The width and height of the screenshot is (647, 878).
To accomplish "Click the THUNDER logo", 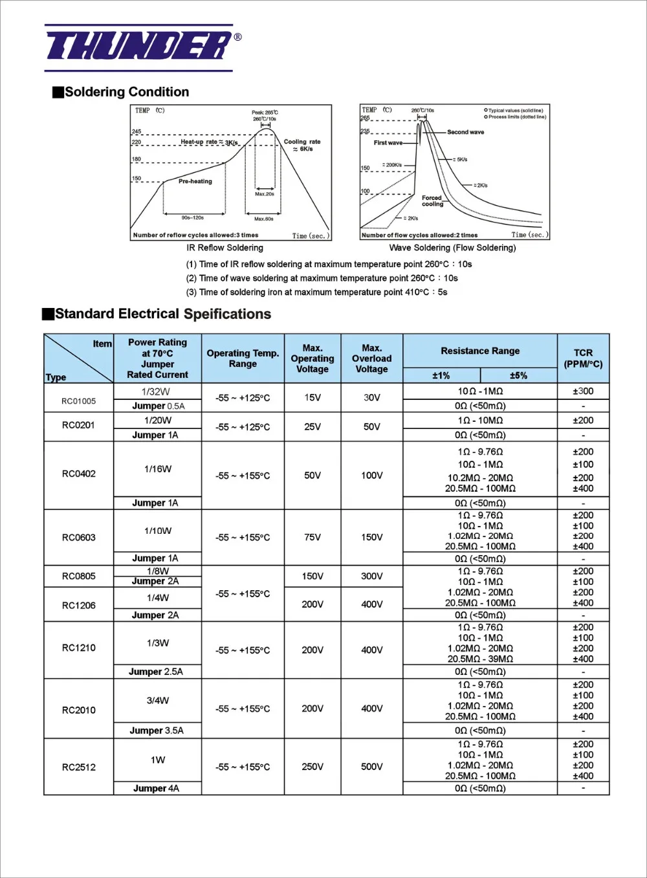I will coord(139,47).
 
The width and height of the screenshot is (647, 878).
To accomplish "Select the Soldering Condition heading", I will coord(127,92).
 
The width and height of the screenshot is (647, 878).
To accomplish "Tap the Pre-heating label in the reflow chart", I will coord(195,181).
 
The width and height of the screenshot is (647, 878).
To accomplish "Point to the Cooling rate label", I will coord(302,145).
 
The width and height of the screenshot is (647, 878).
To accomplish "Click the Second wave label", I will coord(465,132).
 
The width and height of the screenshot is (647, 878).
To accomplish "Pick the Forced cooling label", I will coord(432,201).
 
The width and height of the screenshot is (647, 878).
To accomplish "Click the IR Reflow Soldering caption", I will coord(225,248).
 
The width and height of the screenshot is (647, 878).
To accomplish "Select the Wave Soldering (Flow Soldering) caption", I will coord(452,248).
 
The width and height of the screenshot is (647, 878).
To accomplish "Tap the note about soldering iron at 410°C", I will coord(316,292).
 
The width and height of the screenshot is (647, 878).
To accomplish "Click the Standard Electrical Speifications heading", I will coord(162,314).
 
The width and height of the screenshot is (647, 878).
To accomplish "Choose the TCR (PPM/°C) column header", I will coord(583,358).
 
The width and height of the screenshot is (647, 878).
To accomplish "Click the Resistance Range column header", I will coord(480,351).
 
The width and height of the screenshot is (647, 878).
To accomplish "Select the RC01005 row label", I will coord(78,401).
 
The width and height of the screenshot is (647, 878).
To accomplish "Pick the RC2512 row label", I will coord(78,767).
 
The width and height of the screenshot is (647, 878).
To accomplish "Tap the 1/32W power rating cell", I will coord(157,391).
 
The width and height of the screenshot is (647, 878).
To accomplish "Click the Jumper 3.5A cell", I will coord(157,730).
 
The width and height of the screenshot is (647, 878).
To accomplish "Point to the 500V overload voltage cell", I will coord(371,767).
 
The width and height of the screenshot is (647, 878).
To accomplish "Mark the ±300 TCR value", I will coord(583,391).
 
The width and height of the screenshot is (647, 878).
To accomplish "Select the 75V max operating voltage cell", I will coord(312,537).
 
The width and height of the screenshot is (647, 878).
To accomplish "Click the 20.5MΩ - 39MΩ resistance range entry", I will coord(480,659).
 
